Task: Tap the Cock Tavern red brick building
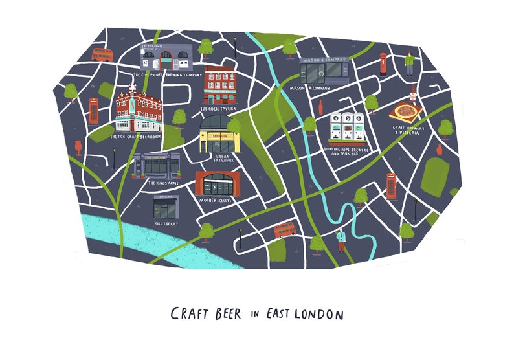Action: click(x=220, y=84)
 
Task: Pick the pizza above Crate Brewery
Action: click(x=405, y=112)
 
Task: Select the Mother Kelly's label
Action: click(x=217, y=201)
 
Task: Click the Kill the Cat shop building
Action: click(x=164, y=207)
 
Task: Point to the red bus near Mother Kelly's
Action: click(x=285, y=229)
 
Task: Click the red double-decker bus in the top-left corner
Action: click(x=102, y=54)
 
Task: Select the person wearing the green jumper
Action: click(x=408, y=62)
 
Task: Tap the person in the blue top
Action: click(x=340, y=241)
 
